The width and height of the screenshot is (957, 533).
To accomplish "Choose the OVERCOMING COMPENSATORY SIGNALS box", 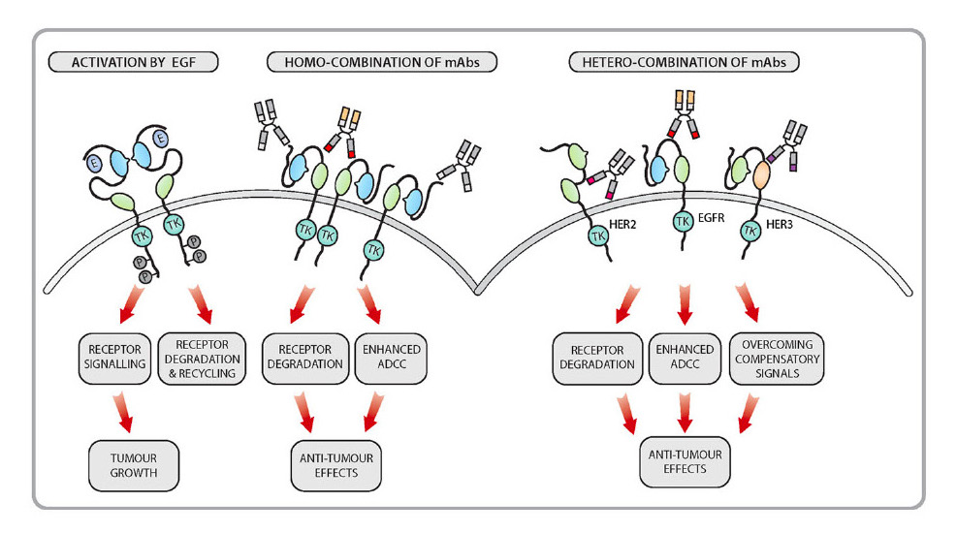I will [776, 358].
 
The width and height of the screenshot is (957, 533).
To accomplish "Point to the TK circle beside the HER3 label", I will [750, 233].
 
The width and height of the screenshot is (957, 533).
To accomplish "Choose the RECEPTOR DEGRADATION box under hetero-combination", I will [596, 358].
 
